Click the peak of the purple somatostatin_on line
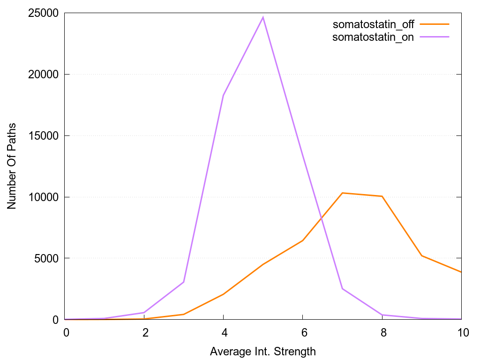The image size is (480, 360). (x=263, y=17)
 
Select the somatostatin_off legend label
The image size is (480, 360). (x=373, y=24)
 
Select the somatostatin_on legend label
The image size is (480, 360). (x=373, y=37)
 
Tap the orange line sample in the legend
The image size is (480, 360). (x=435, y=24)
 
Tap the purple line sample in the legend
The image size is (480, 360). (x=435, y=37)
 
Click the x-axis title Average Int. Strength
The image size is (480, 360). (x=263, y=351)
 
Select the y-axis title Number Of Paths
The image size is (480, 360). (x=12, y=166)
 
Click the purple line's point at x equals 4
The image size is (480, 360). (x=224, y=95)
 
